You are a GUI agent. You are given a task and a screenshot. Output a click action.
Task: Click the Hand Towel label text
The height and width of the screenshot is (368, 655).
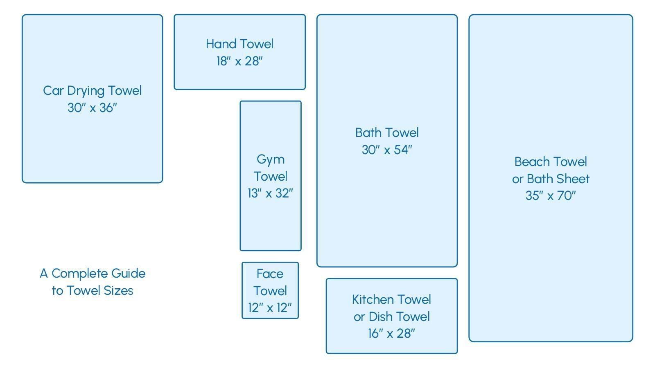[239, 44]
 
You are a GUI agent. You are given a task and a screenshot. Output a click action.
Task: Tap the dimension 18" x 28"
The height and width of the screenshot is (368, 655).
[239, 61]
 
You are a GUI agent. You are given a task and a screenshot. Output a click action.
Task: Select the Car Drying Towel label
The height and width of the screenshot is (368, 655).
[92, 90]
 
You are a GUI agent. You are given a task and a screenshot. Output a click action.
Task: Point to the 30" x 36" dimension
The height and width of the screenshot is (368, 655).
[92, 108]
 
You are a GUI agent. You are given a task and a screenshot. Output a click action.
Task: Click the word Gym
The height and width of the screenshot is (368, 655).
[270, 159]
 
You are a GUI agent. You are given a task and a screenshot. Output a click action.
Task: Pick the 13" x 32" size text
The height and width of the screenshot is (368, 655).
[270, 193]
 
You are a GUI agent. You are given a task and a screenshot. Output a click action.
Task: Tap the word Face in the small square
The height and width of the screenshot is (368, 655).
[270, 274]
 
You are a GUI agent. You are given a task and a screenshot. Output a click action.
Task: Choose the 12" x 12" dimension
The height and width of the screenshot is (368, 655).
[270, 307]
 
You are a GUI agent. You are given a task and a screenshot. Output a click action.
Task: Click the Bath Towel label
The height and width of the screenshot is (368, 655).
[387, 132]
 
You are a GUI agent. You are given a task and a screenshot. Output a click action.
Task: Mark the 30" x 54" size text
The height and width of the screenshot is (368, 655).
[387, 150]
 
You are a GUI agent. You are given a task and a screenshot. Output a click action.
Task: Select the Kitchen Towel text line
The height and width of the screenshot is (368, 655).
[391, 299]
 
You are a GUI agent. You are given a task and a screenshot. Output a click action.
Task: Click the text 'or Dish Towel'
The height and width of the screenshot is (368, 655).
[391, 316]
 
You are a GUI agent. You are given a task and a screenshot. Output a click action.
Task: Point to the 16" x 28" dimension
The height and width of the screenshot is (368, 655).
[391, 333]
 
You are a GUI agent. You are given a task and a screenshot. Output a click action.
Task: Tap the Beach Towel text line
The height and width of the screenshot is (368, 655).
[551, 162]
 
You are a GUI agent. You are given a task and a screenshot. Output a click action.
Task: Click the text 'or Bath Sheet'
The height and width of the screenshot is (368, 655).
[551, 179]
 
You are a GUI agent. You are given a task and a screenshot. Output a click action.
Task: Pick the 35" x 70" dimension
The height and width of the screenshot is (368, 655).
[551, 195]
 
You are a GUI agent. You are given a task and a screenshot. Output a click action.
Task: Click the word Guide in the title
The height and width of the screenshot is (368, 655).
[128, 273]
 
